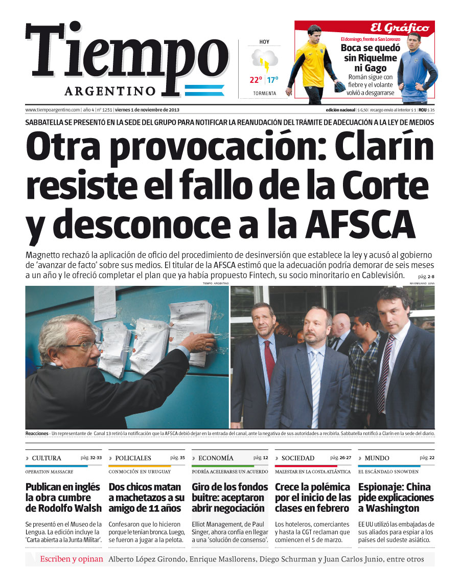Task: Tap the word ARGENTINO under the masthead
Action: pyautogui.click(x=110, y=91)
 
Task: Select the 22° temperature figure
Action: pyautogui.click(x=256, y=80)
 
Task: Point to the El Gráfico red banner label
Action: pyautogui.click(x=400, y=28)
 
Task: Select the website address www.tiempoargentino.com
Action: pyautogui.click(x=53, y=110)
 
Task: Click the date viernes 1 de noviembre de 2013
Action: pyautogui.click(x=147, y=110)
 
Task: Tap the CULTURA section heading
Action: pyautogui.click(x=47, y=458)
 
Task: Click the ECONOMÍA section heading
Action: pyautogui.click(x=216, y=458)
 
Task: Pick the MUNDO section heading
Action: pyautogui.click(x=377, y=458)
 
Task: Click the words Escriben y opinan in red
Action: pyautogui.click(x=72, y=559)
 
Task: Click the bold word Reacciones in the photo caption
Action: pyautogui.click(x=37, y=434)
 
